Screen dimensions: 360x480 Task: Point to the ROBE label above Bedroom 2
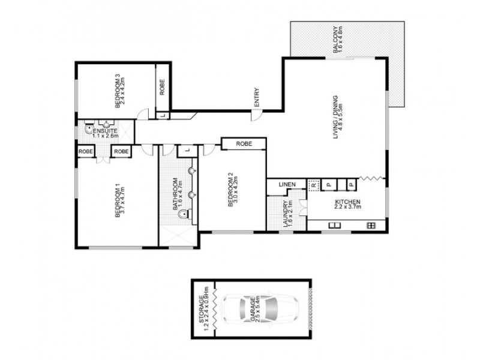[243, 144]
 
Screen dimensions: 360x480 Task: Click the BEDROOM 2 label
[230, 190]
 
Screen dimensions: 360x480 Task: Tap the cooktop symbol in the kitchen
[371, 226]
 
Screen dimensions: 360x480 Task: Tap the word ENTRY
[257, 99]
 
